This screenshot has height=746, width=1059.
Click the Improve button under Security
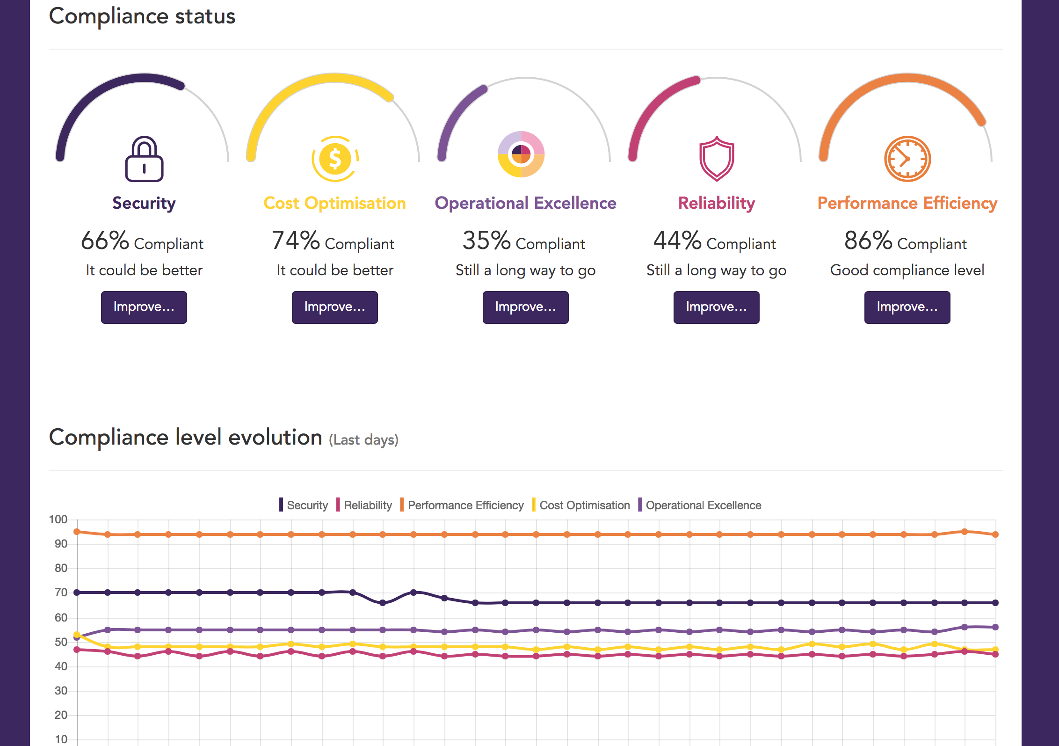tap(144, 307)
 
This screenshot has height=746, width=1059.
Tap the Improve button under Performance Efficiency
tap(907, 307)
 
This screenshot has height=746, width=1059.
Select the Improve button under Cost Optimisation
tap(334, 307)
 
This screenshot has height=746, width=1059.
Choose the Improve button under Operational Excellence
tap(525, 307)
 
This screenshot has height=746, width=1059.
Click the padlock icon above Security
tap(144, 159)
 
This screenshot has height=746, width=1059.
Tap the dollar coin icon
tap(335, 159)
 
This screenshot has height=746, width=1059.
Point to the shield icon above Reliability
tap(717, 159)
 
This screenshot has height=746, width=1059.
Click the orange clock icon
tap(907, 159)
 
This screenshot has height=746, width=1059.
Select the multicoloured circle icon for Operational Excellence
tap(521, 154)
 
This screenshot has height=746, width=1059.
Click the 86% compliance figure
tap(868, 241)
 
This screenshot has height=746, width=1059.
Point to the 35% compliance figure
tap(486, 241)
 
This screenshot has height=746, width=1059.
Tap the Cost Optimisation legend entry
tap(584, 505)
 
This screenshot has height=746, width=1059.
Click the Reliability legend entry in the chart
tap(367, 505)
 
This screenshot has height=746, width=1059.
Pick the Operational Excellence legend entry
tap(703, 505)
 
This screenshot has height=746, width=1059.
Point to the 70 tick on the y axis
tap(61, 592)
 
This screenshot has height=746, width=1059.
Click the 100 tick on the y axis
tap(58, 519)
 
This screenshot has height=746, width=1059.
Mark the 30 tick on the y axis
tap(61, 691)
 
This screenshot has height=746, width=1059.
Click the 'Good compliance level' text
tap(907, 270)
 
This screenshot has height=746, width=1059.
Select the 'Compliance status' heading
tap(142, 16)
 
